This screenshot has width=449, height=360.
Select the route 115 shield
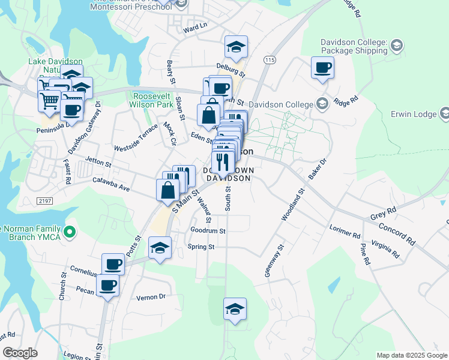(269, 60)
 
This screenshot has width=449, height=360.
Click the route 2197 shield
(44, 200)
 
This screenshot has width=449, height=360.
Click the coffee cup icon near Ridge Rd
(322, 68)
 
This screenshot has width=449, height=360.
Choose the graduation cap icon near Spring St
(160, 247)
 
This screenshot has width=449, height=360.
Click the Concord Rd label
(397, 234)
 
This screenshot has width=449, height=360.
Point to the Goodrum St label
(207, 230)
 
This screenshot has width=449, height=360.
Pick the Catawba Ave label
(111, 184)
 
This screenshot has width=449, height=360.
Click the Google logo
(20, 353)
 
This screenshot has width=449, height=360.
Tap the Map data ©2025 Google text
(411, 355)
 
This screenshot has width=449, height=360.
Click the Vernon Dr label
(150, 296)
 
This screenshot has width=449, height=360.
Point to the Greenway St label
(274, 260)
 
